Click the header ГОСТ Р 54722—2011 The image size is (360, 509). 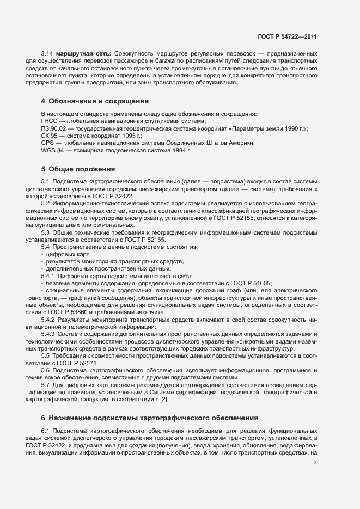pyautogui.click(x=286, y=36)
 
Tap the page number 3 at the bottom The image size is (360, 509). pyautogui.click(x=315, y=463)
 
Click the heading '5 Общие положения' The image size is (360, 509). pyautogui.click(x=77, y=169)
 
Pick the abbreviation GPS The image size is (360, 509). pyautogui.click(x=47, y=143)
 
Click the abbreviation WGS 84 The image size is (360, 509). pyautogui.click(x=52, y=150)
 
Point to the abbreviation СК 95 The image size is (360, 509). pyautogui.click(x=49, y=136)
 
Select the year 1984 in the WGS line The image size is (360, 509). pyautogui.click(x=179, y=150)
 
